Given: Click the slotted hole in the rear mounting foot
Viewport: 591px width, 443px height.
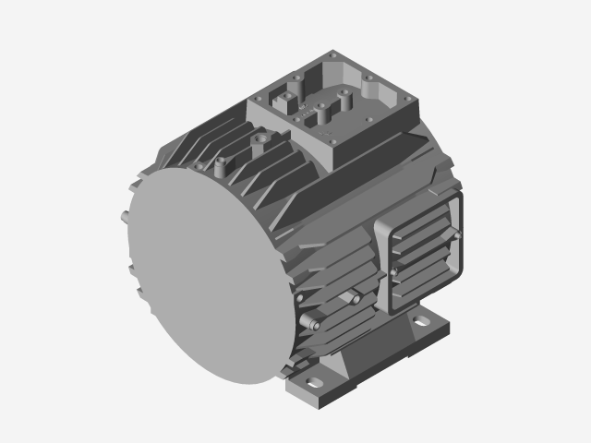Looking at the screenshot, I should [422, 323].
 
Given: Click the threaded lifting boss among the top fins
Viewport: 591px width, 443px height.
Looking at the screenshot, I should [261, 138].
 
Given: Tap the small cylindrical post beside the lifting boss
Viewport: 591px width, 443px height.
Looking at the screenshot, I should [221, 168].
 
